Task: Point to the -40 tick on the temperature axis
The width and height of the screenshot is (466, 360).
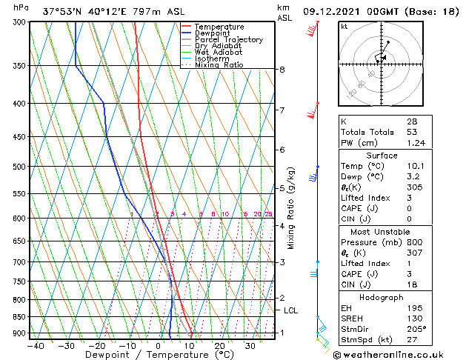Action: [36, 345]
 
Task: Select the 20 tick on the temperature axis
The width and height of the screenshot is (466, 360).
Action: [220, 345]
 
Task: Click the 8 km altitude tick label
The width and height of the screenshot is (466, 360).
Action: [282, 70]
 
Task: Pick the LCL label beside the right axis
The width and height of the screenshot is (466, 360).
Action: [290, 310]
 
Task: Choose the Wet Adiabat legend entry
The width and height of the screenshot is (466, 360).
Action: [219, 53]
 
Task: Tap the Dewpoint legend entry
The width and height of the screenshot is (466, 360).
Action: [215, 33]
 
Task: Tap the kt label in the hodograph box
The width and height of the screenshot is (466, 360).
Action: [344, 27]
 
